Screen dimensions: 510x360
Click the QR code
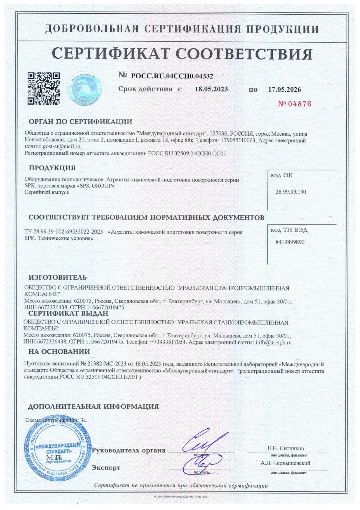click(x=43, y=89)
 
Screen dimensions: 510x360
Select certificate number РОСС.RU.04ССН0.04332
click(x=172, y=76)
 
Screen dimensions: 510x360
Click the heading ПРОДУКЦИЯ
click(x=52, y=167)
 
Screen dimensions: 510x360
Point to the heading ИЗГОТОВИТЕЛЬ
click(x=58, y=277)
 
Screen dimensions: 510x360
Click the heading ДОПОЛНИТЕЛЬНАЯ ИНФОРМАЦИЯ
click(x=94, y=406)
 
